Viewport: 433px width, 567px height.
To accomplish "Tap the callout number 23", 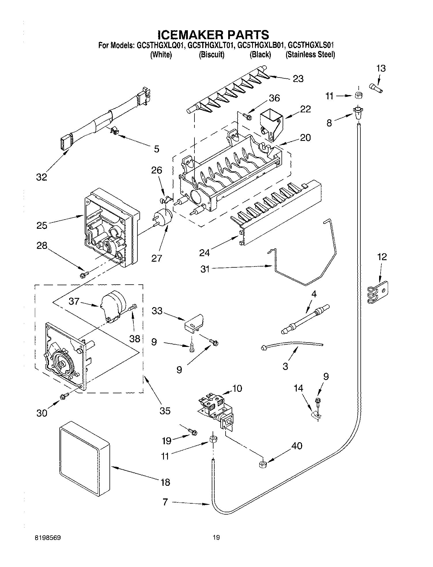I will (x=298, y=78).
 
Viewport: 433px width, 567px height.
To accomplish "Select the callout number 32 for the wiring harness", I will (x=41, y=177).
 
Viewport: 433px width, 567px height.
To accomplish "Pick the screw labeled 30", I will (x=64, y=397).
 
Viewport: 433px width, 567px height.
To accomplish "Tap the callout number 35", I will (x=165, y=410).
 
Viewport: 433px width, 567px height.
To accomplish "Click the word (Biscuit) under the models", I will (x=211, y=54).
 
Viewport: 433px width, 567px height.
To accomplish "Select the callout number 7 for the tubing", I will (x=165, y=502).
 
